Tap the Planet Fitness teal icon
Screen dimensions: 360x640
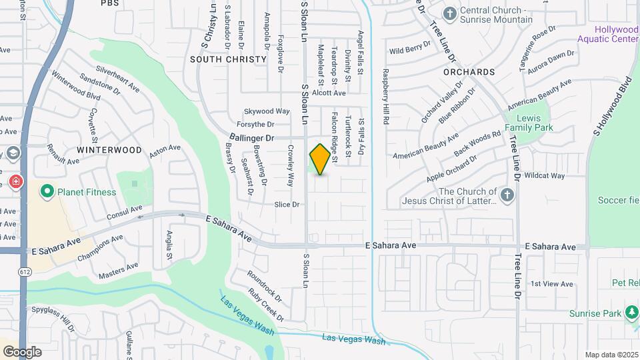tap(47, 192)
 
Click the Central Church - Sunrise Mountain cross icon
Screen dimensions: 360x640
tap(450, 13)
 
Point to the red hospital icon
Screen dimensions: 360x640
tap(15, 181)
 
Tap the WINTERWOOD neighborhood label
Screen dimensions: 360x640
tap(109, 150)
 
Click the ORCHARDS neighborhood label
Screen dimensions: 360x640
tap(470, 71)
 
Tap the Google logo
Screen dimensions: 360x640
tap(22, 351)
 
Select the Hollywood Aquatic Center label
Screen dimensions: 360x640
tap(617, 35)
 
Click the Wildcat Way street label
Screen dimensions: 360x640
tap(545, 176)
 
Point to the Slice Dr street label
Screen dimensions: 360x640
tap(287, 204)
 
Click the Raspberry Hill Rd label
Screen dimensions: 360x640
tap(385, 97)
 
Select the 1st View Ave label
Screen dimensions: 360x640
tap(552, 284)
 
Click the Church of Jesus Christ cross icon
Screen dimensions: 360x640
tap(507, 195)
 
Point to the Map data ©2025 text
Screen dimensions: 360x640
tap(611, 355)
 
